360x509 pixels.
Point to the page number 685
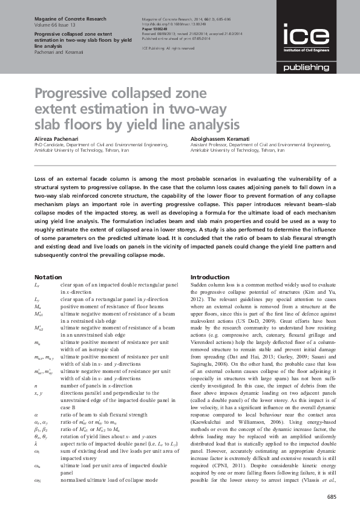[x=331, y=496]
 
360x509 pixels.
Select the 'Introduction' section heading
[x=210, y=276]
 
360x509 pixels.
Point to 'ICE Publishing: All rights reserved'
[x=168, y=48]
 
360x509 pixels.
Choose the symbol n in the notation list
[x=36, y=368]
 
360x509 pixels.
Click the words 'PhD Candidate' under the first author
[x=48, y=145]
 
